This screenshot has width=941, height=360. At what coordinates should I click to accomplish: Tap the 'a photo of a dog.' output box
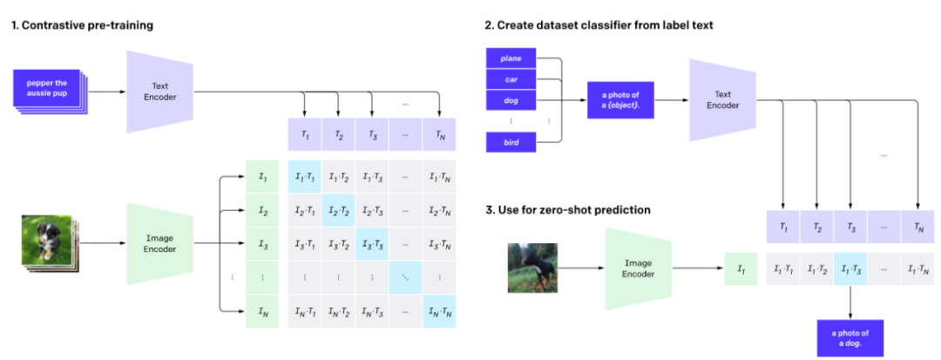850,337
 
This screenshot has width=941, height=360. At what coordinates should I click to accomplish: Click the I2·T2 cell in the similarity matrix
338,211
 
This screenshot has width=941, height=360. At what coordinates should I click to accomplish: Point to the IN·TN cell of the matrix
440,311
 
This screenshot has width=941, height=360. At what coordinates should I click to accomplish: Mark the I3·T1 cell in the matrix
304,244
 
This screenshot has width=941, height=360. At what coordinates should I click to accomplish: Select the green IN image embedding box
262,311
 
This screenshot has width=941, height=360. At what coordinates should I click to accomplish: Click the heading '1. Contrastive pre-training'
82,25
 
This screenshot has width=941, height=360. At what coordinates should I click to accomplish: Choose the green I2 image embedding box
262,211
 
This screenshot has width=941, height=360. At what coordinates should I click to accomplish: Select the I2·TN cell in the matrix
440,211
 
